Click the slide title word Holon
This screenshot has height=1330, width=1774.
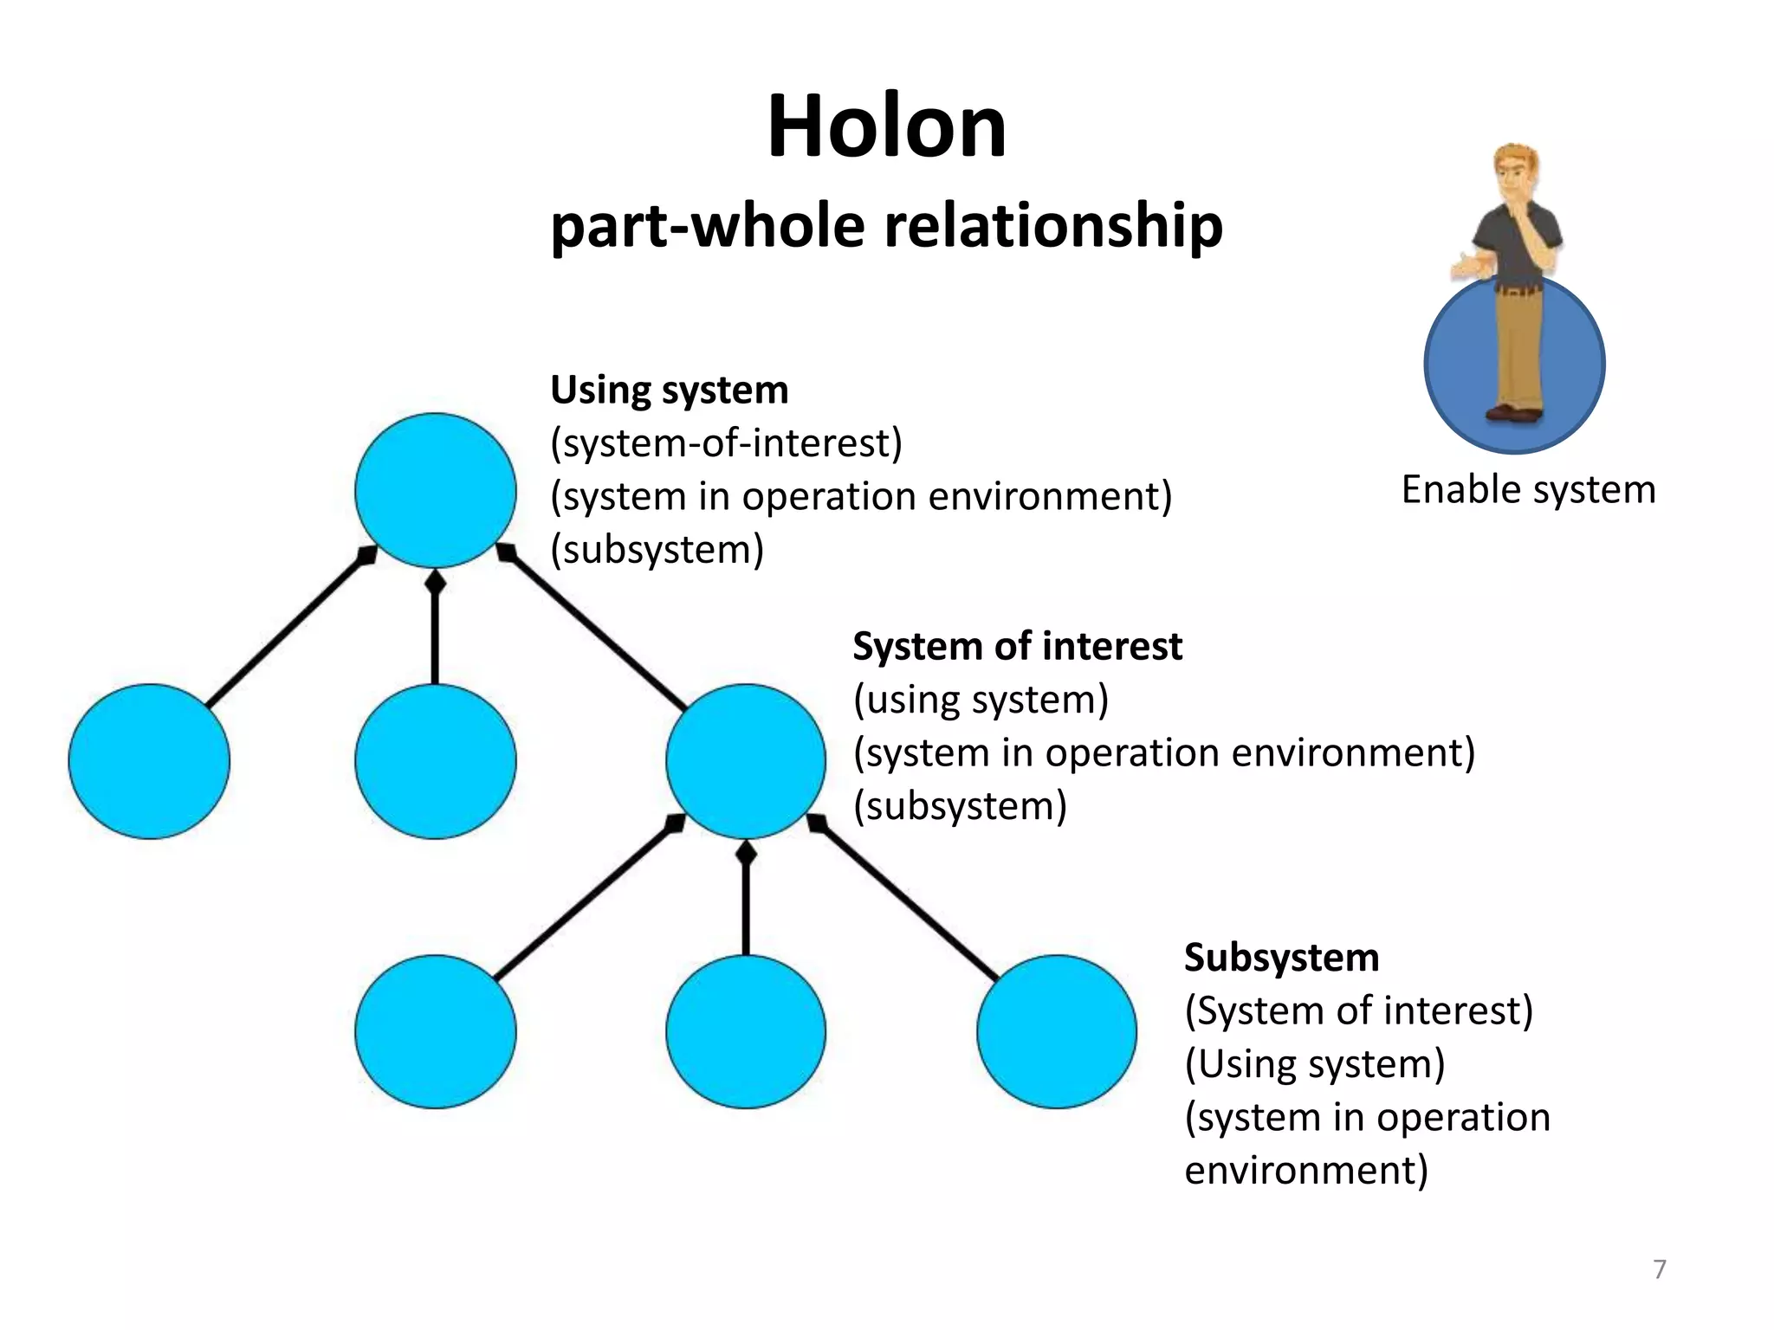click(887, 128)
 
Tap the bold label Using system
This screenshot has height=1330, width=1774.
click(670, 390)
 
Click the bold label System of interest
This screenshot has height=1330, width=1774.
click(1017, 646)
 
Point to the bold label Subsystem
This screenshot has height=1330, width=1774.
click(1281, 957)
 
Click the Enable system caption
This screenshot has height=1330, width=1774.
click(1528, 490)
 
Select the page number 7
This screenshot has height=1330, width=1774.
click(1659, 1269)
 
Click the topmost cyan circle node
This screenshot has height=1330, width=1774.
click(435, 490)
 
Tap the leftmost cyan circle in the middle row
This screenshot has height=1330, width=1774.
click(149, 760)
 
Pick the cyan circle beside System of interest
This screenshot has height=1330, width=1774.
click(746, 760)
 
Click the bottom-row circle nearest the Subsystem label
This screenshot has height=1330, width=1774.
click(1057, 1031)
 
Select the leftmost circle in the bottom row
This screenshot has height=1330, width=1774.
click(435, 1031)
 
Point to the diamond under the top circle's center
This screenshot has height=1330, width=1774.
click(435, 583)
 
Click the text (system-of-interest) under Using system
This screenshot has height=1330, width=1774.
click(726, 443)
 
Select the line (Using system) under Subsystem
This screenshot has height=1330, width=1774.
click(1314, 1064)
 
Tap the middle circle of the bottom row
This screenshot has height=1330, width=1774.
click(746, 1031)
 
